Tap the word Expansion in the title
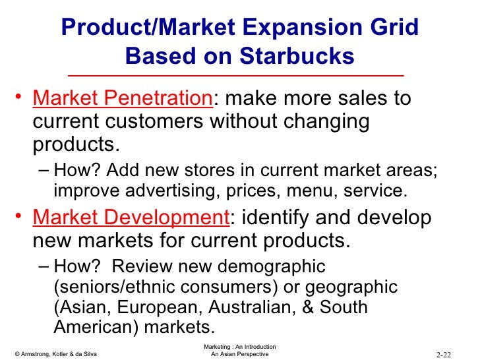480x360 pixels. tap(301, 28)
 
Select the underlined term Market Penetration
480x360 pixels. tap(121, 99)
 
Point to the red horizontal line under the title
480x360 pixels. tap(239, 76)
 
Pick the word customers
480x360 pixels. tap(156, 122)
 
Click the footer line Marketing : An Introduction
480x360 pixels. tap(240, 346)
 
